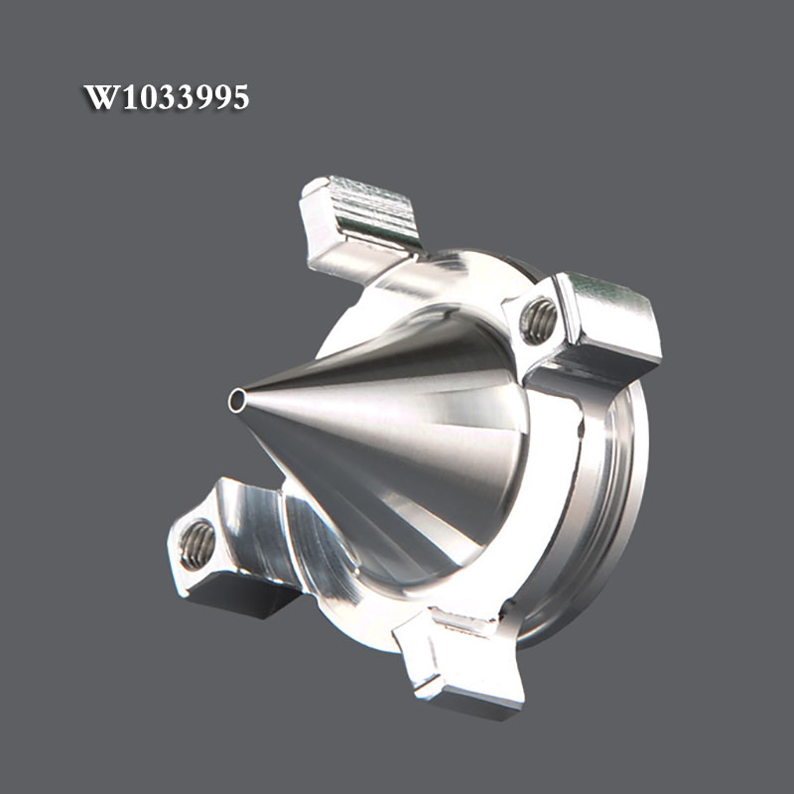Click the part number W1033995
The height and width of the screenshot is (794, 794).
(x=166, y=96)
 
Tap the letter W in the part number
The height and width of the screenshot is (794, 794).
(x=103, y=96)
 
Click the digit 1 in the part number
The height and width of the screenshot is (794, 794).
(x=131, y=96)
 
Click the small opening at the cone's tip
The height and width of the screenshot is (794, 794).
(x=236, y=400)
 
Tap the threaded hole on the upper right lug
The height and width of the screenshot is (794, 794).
(x=538, y=321)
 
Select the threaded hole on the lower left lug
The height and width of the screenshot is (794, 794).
(x=197, y=544)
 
